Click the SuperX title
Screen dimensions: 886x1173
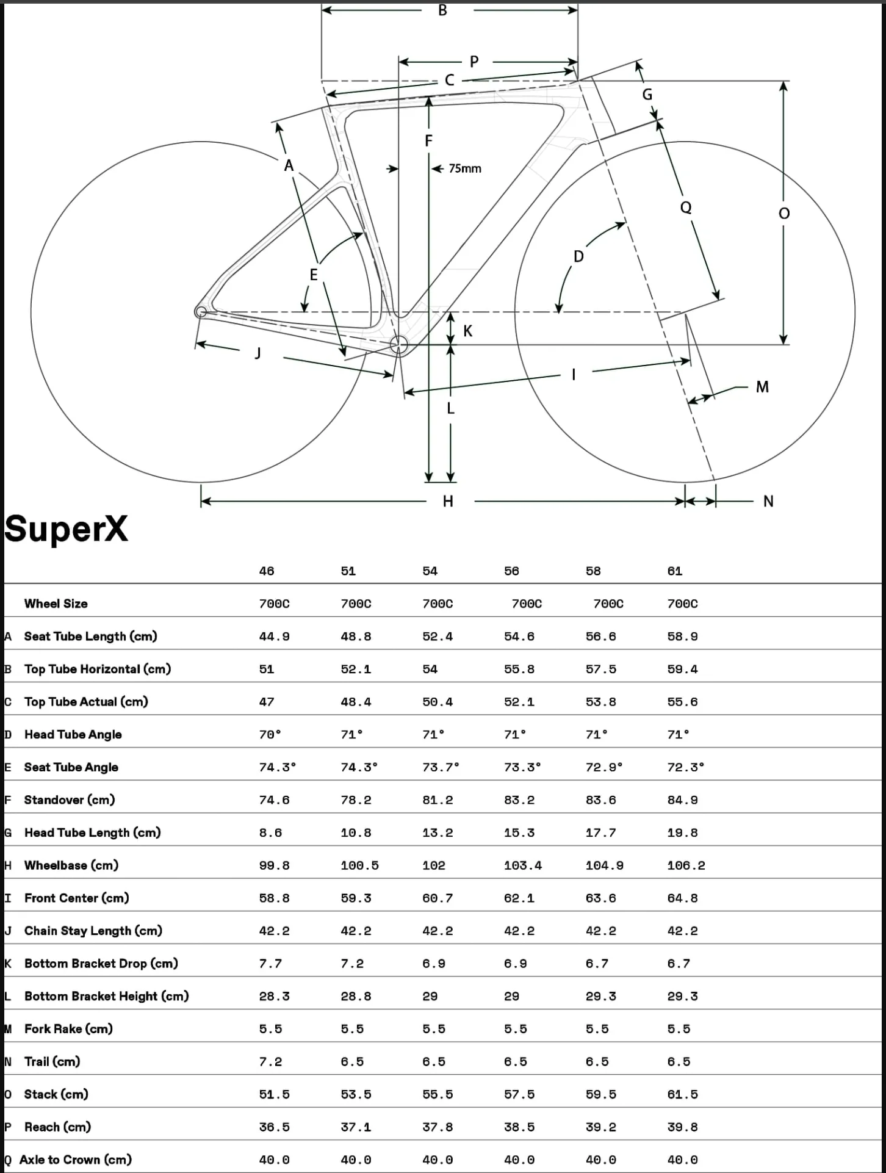pyautogui.click(x=67, y=529)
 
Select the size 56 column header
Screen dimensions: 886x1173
pyautogui.click(x=511, y=571)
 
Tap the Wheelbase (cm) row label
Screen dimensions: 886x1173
pyautogui.click(x=71, y=865)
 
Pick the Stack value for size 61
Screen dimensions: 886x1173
pyautogui.click(x=682, y=1095)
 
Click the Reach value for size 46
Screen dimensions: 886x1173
pyautogui.click(x=274, y=1127)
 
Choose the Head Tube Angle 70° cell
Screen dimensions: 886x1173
pyautogui.click(x=270, y=735)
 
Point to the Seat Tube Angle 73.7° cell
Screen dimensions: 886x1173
pyautogui.click(x=441, y=767)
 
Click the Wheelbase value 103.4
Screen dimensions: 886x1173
pyautogui.click(x=523, y=865)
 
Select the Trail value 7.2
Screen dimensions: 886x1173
pyautogui.click(x=270, y=1062)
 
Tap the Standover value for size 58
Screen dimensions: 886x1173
pyautogui.click(x=601, y=800)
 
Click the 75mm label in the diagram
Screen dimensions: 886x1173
pyautogui.click(x=465, y=168)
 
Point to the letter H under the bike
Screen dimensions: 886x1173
pyautogui.click(x=448, y=502)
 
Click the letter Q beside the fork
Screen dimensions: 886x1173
pyautogui.click(x=686, y=208)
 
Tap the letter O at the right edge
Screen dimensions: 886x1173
pyautogui.click(x=784, y=213)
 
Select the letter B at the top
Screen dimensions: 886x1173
pyautogui.click(x=443, y=10)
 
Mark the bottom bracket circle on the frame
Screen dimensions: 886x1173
pyautogui.click(x=399, y=344)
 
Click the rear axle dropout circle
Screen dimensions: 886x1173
pyautogui.click(x=200, y=312)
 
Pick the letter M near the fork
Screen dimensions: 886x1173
pyautogui.click(x=762, y=387)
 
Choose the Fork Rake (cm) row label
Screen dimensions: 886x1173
pyautogui.click(x=68, y=1029)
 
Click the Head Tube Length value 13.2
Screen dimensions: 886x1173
pyautogui.click(x=438, y=833)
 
